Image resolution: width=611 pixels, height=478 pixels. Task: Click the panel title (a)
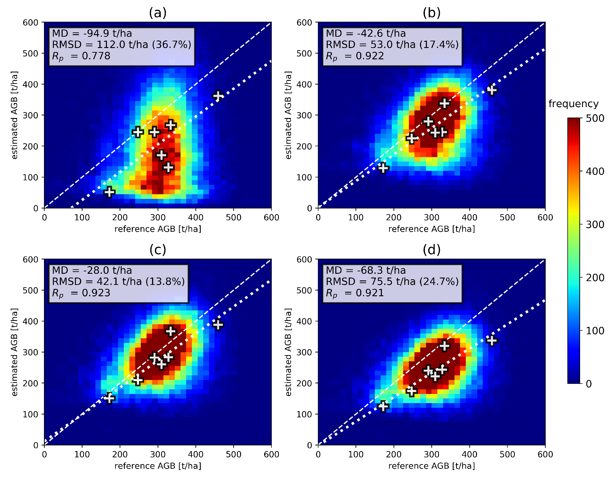click(158, 13)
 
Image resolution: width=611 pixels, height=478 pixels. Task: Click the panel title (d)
click(432, 250)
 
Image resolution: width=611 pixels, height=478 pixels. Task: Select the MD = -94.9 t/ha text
click(92, 33)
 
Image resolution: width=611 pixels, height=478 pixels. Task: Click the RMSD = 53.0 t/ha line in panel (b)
click(392, 44)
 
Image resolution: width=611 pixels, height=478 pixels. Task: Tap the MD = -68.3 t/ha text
click(366, 270)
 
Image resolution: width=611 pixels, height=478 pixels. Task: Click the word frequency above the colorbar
click(573, 104)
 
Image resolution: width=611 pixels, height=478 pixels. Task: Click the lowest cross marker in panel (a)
click(109, 192)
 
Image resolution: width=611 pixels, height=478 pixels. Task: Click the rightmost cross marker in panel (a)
click(218, 96)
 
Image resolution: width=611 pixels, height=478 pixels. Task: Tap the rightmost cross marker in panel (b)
click(492, 90)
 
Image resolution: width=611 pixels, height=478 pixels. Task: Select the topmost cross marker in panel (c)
click(171, 331)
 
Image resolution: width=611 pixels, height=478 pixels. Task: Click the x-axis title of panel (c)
click(158, 466)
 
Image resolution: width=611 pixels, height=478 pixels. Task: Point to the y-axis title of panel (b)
click(288, 115)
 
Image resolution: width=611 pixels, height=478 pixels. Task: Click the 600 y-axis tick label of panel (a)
click(30, 22)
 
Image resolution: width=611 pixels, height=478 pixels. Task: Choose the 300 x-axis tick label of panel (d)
click(432, 454)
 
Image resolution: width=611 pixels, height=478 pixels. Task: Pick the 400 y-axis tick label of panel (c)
click(30, 321)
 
